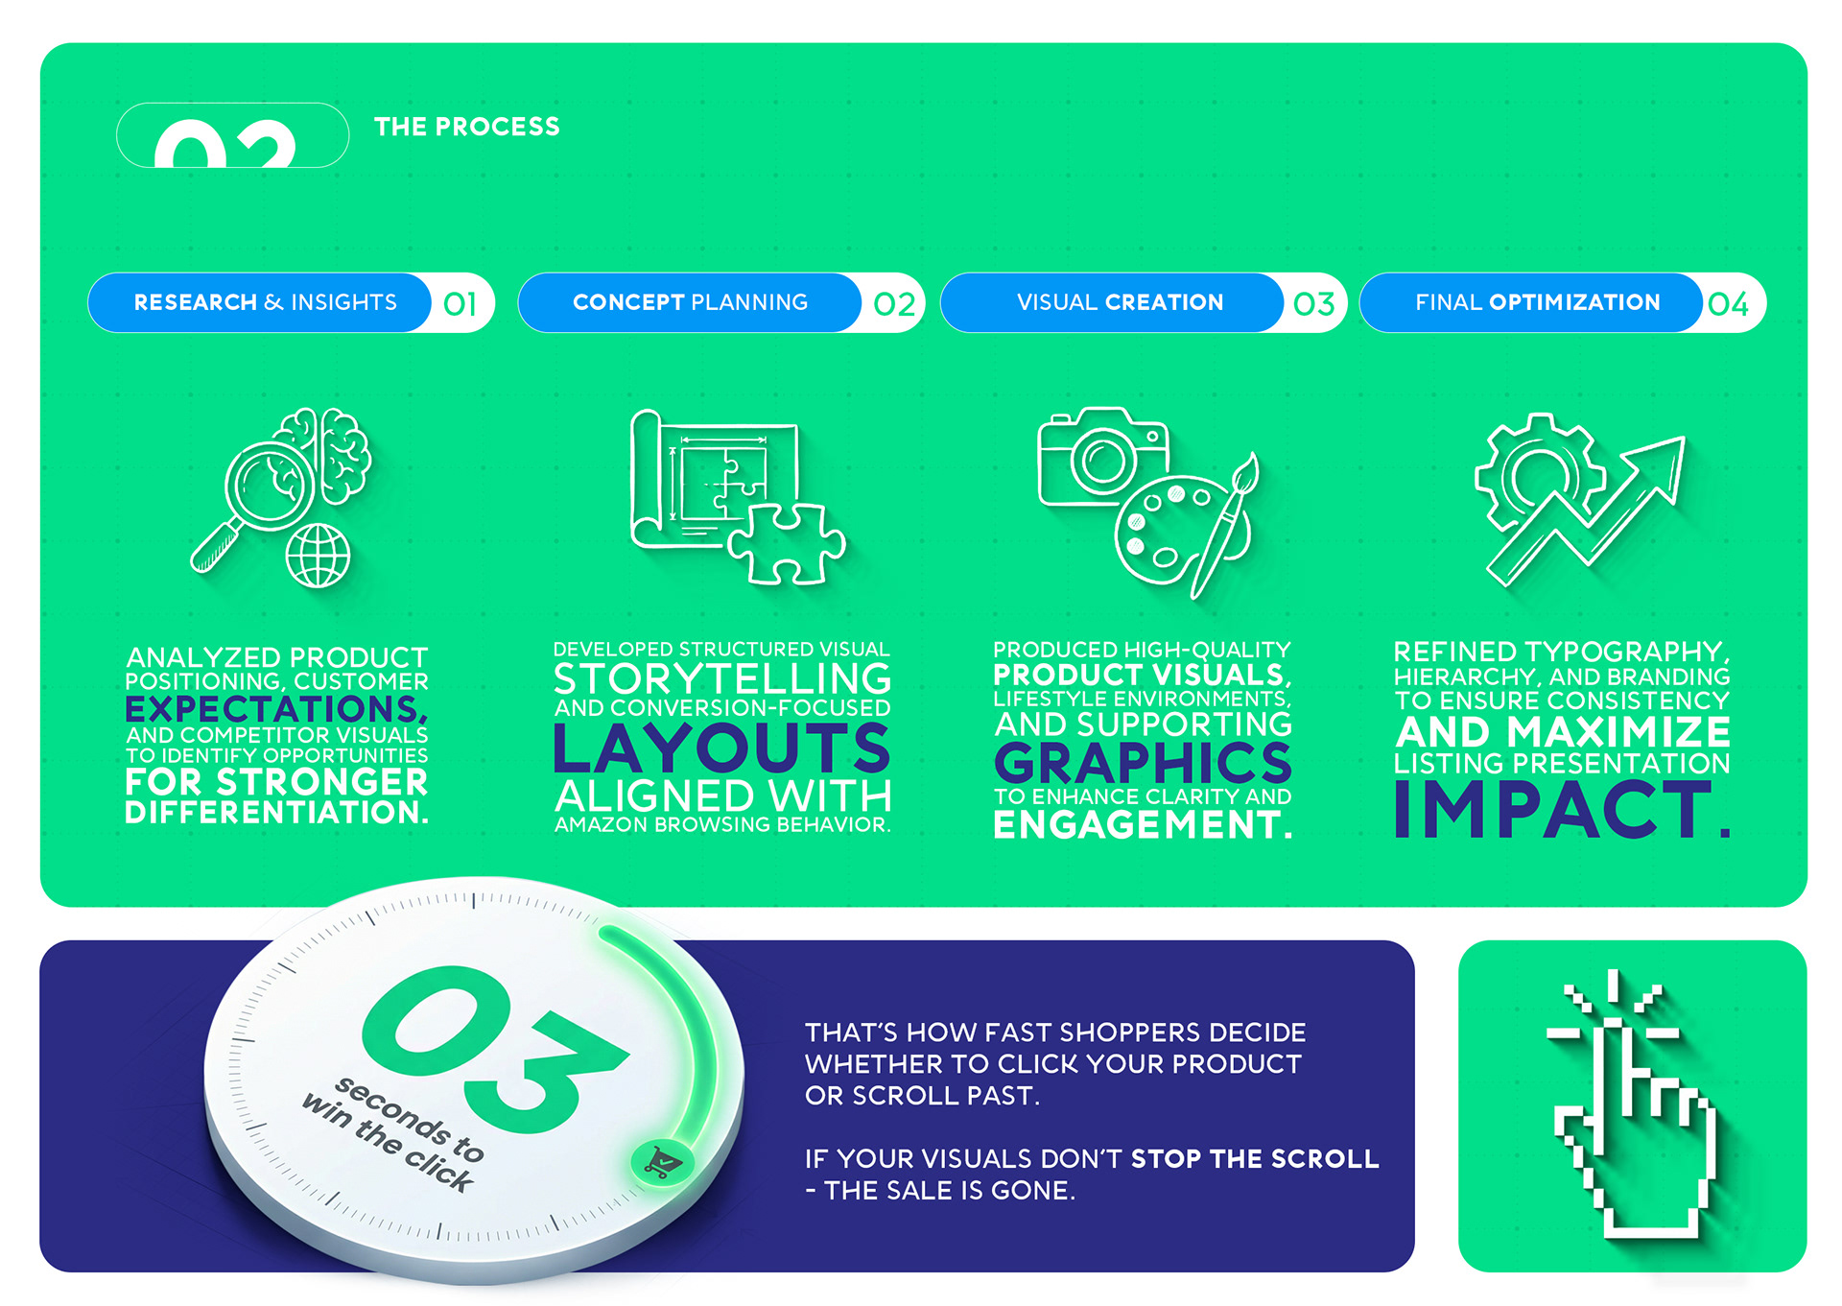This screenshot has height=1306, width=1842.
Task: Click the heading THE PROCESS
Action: coord(466,127)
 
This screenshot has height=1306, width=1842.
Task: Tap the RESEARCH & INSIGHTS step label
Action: coord(265,302)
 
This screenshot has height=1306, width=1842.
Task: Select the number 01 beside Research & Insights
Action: coord(460,304)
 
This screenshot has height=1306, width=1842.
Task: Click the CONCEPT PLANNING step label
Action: coord(690,302)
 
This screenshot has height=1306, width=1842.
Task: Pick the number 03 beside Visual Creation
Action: coord(1313,304)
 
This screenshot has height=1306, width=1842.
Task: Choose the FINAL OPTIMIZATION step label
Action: coord(1537,302)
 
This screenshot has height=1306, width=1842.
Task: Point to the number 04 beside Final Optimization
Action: coord(1728,304)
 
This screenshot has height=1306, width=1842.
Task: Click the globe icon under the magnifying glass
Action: coord(319,555)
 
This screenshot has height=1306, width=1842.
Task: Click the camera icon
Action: coord(1103,457)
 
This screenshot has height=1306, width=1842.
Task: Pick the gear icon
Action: coord(1539,471)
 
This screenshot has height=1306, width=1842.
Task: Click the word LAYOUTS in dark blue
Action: coord(722,748)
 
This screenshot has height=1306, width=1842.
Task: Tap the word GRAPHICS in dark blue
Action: coord(1143,763)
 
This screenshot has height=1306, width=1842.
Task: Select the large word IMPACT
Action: coord(1562,809)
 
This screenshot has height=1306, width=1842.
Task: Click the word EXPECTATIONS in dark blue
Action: coord(276,709)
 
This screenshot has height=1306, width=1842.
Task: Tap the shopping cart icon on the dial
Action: coord(662,1163)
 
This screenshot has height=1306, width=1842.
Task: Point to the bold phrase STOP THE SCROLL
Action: coord(1255,1158)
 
